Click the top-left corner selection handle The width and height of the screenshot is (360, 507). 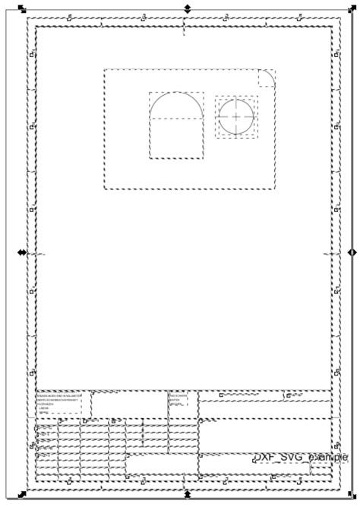(22, 9)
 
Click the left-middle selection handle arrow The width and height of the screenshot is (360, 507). (21, 252)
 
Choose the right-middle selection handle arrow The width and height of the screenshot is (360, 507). (351, 252)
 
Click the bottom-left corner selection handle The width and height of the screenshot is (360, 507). (22, 495)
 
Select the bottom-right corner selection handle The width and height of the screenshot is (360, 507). (351, 495)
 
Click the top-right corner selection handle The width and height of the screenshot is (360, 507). (351, 9)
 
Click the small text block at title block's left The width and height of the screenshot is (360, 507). (59, 402)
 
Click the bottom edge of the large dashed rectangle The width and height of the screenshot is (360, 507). (189, 189)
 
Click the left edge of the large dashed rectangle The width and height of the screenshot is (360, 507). (105, 129)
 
